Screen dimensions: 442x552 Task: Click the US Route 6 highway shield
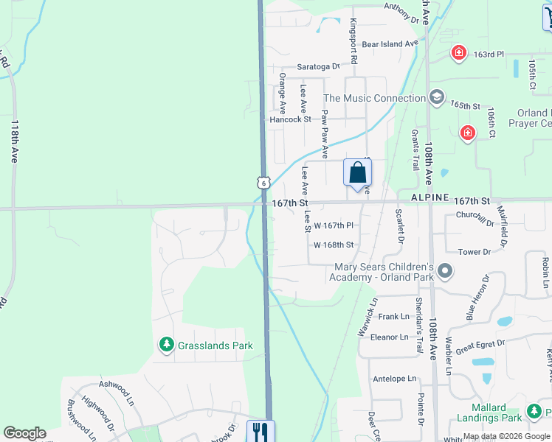pyautogui.click(x=263, y=182)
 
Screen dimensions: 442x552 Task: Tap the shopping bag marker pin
pyautogui.click(x=357, y=173)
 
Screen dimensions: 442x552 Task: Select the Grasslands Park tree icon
pyautogui.click(x=167, y=345)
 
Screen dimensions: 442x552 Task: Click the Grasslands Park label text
pyautogui.click(x=215, y=345)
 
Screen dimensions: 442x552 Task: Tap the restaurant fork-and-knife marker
pyautogui.click(x=259, y=430)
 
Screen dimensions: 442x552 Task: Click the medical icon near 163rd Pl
pyautogui.click(x=459, y=53)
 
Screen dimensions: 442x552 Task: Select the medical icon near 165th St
pyautogui.click(x=467, y=133)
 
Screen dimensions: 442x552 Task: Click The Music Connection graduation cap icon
pyautogui.click(x=438, y=97)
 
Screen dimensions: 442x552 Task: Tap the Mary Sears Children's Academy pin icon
pyautogui.click(x=444, y=272)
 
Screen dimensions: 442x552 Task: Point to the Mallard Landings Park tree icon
pyautogui.click(x=534, y=411)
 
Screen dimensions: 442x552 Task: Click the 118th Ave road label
pyautogui.click(x=14, y=141)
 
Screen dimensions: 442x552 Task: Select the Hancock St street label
pyautogui.click(x=290, y=119)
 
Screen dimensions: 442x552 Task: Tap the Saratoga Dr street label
pyautogui.click(x=318, y=66)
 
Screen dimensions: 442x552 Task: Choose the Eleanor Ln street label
pyautogui.click(x=389, y=337)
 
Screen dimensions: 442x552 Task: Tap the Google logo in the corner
pyautogui.click(x=24, y=433)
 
